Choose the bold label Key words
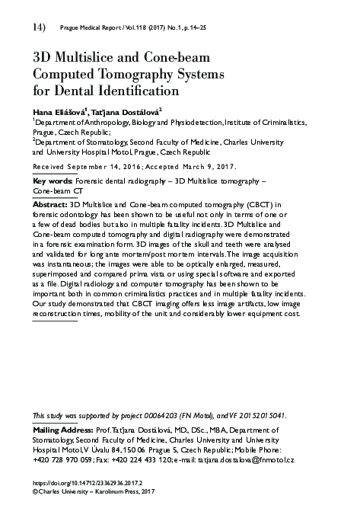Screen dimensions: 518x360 (x=48, y=181)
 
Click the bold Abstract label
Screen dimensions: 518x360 (x=49, y=205)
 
